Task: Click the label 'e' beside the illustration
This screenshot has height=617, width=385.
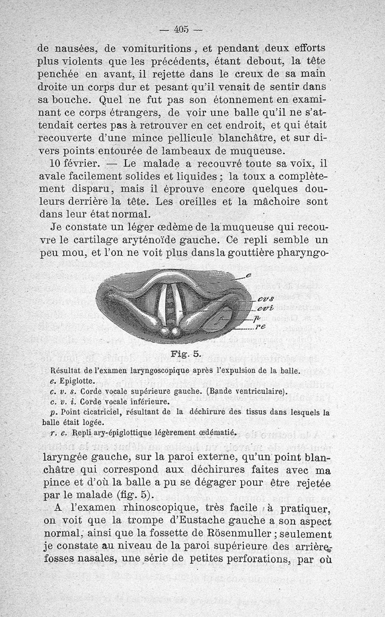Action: pyautogui.click(x=248, y=275)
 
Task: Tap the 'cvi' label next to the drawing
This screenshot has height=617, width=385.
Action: pyautogui.click(x=264, y=308)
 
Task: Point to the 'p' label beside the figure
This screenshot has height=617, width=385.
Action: pyautogui.click(x=257, y=318)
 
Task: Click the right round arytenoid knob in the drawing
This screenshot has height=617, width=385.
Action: pyautogui.click(x=176, y=332)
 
